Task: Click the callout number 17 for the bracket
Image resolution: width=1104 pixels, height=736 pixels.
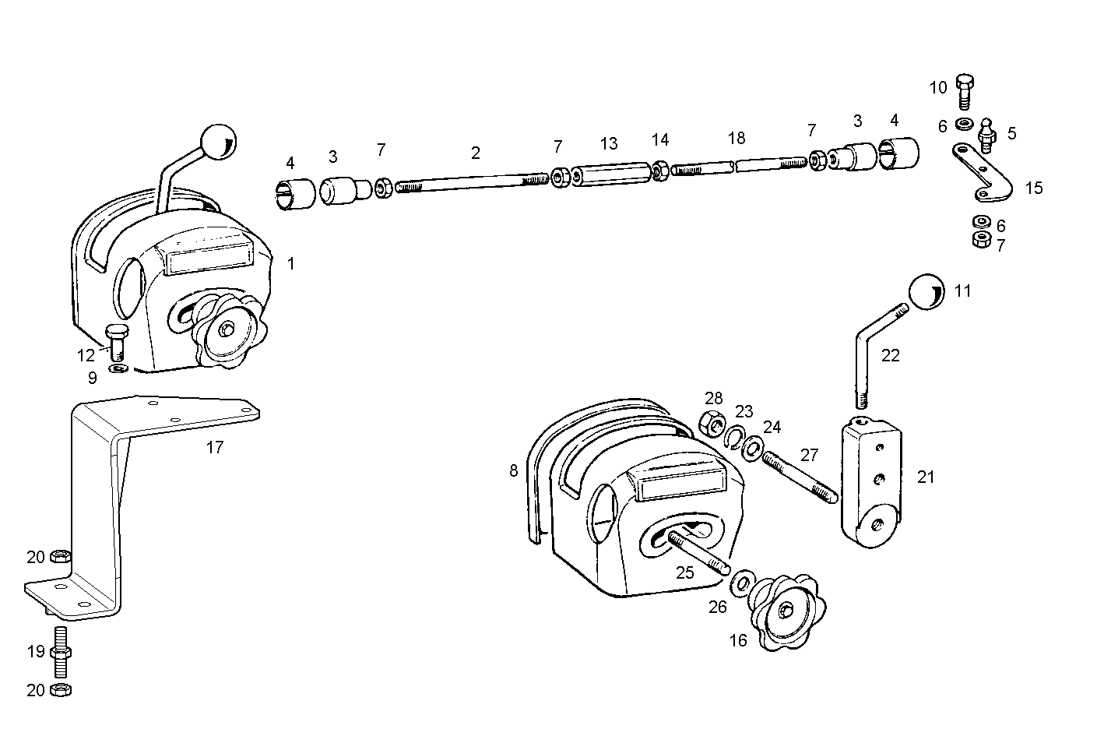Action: click(215, 447)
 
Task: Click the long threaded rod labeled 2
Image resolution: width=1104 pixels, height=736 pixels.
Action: click(472, 181)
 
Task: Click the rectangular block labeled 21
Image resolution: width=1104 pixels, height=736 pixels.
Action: click(870, 477)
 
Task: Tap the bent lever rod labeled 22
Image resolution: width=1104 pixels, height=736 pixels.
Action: click(873, 350)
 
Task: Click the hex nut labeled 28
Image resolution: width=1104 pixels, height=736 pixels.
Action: click(712, 424)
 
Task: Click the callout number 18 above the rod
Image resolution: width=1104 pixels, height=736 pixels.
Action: click(737, 138)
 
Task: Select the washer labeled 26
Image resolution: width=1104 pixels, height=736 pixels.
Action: click(741, 583)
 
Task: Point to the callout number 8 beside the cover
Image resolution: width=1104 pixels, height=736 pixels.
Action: click(513, 470)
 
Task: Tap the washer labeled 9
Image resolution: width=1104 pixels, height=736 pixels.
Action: click(118, 368)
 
